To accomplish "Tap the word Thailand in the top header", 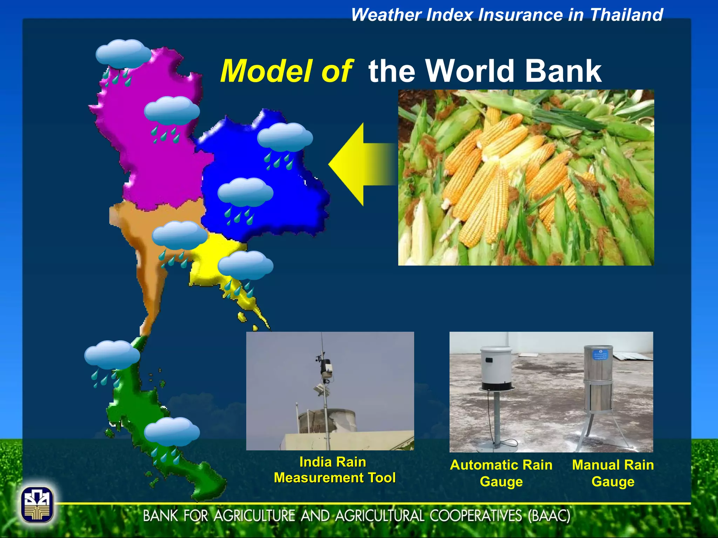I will [626, 15].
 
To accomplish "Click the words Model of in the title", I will [286, 71].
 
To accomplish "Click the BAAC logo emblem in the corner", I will [37, 505].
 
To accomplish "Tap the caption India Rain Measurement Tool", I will [334, 470].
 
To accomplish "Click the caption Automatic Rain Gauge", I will [501, 473].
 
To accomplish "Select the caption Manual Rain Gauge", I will [613, 473].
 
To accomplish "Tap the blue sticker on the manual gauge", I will [600, 355].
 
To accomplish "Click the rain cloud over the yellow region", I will [245, 265].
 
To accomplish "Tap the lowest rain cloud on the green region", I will [172, 432].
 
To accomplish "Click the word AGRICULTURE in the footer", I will [254, 516].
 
